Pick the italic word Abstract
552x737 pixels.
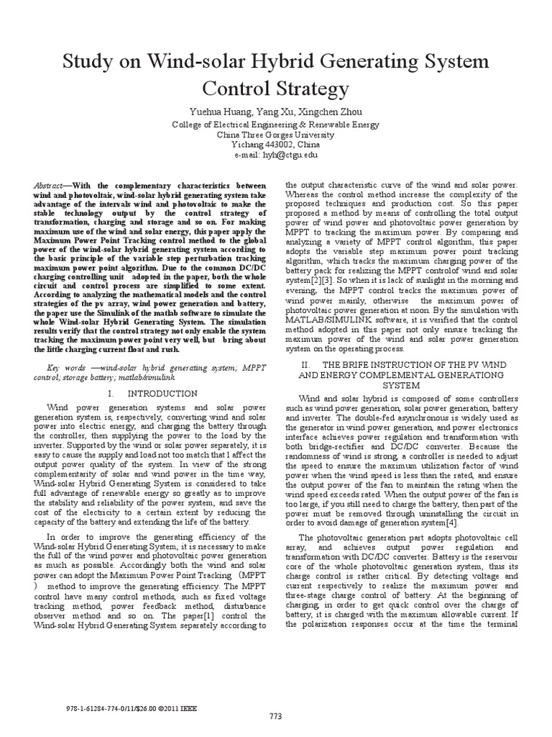click(x=48, y=185)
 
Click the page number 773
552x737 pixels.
click(x=276, y=715)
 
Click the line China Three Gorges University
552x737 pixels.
click(x=276, y=134)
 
